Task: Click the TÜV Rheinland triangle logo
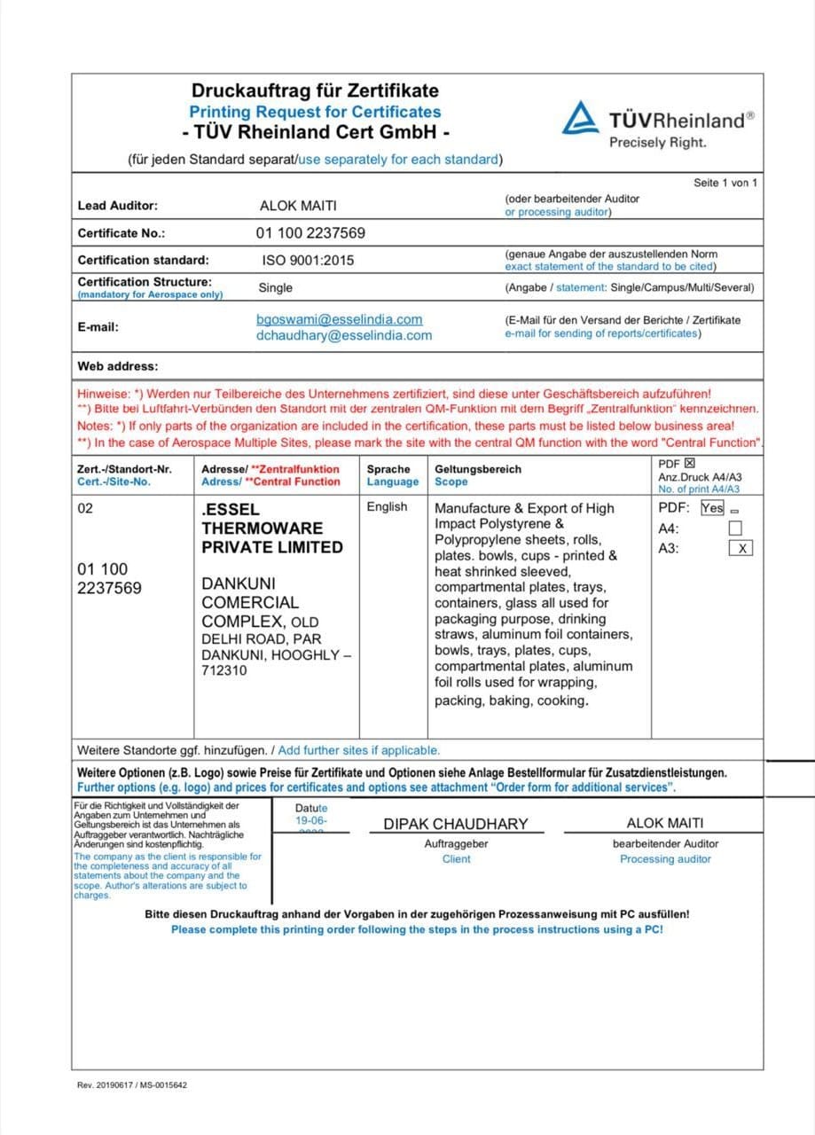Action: [580, 117]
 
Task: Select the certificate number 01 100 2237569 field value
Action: [310, 233]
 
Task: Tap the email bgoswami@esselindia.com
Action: [339, 319]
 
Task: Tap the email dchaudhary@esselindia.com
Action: [344, 335]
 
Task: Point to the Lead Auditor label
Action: [118, 206]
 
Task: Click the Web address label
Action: [118, 365]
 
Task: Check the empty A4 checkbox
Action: [735, 528]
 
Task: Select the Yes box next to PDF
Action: [712, 508]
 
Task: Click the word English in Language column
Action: [388, 507]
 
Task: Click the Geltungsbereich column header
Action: [478, 469]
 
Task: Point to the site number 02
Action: [85, 509]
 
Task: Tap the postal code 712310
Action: [224, 670]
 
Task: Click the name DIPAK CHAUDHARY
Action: [455, 824]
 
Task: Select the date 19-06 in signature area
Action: [311, 821]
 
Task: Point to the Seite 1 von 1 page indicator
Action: [725, 183]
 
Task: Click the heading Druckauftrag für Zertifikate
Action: [315, 90]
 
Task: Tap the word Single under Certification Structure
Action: [275, 288]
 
